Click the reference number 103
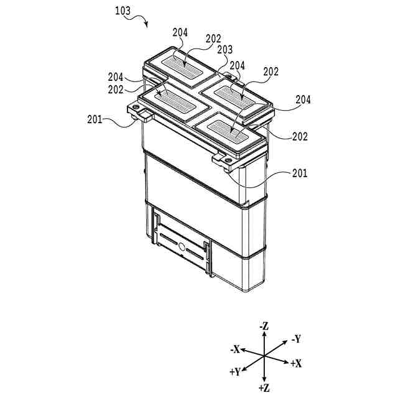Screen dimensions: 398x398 tap(123, 11)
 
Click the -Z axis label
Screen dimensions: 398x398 tap(264, 325)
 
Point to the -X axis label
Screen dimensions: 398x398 tap(234, 349)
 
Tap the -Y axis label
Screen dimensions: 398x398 tap(295, 339)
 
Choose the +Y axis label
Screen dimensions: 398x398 tap(235, 372)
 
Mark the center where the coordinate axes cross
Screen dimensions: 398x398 tap(264, 356)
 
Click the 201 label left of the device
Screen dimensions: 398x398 tap(97, 119)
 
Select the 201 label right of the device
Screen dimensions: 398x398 tap(299, 174)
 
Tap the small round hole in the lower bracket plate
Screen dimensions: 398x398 tap(182, 247)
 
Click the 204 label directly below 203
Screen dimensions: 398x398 tap(237, 65)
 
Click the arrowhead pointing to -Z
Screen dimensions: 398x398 tap(264, 334)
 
